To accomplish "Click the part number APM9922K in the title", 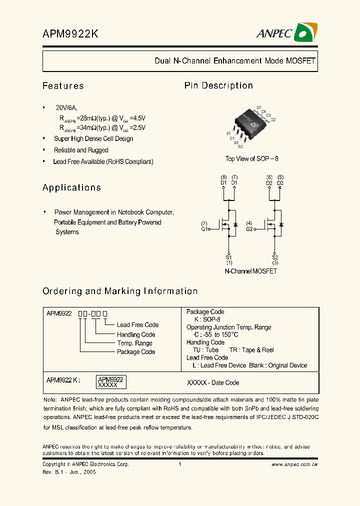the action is point(70,34).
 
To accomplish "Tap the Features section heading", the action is point(63,86).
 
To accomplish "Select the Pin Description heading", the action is point(218,85).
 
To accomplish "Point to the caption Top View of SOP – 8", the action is point(251,158).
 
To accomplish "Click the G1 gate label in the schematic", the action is point(204,229).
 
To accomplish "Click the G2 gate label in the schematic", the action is point(249,229).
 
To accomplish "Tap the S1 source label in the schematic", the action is point(229,257).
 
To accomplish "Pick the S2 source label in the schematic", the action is point(275,257).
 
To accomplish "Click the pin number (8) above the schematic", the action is point(223,177).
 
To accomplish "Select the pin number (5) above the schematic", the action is point(280,177).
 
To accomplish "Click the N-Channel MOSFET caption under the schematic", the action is point(250,271).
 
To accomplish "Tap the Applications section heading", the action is point(71,187).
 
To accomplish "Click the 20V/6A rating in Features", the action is point(66,108).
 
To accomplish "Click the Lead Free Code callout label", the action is point(137,325).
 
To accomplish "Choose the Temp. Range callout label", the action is point(134,343).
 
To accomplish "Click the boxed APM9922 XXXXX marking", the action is point(110,382).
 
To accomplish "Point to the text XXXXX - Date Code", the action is point(212,382).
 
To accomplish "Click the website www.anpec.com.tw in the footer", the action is point(294,464).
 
